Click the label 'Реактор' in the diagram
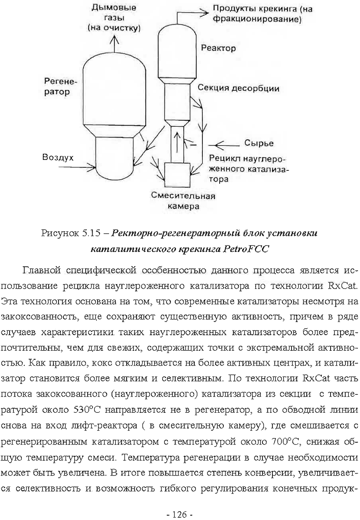point(218,48)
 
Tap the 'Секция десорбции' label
point(238,88)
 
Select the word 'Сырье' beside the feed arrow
point(259,143)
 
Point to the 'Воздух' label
point(58,157)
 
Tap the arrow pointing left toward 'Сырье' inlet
point(224,145)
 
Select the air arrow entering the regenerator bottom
point(85,166)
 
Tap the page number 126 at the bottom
point(179,514)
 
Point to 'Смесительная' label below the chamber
point(183,196)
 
